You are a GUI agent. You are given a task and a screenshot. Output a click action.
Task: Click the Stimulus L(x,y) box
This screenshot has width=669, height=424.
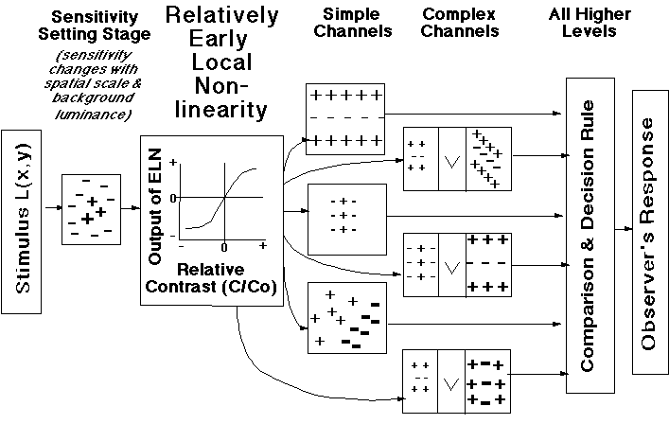click(23, 221)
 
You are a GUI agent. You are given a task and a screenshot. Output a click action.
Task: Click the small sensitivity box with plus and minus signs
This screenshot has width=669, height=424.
click(91, 209)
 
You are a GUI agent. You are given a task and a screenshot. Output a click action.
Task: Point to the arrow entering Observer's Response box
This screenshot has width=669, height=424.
click(622, 229)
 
